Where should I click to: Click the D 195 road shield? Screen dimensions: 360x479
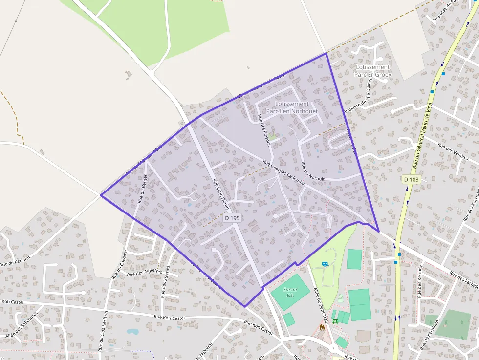(x=232, y=218)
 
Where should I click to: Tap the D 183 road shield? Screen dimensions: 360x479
(x=412, y=180)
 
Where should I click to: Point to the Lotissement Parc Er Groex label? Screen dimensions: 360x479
(x=373, y=71)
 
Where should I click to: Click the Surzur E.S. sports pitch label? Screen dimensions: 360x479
(x=291, y=292)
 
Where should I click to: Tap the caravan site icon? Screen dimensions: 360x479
(x=325, y=264)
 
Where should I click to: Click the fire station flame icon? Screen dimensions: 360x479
(x=322, y=327)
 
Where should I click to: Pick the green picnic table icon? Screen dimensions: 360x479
(x=335, y=321)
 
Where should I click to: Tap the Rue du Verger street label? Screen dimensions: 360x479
(x=142, y=188)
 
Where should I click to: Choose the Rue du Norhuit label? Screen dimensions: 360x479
(x=313, y=171)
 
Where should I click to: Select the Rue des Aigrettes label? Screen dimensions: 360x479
(x=145, y=273)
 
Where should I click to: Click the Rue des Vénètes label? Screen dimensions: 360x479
(x=453, y=152)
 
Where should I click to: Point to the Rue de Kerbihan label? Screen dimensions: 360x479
(x=430, y=335)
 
